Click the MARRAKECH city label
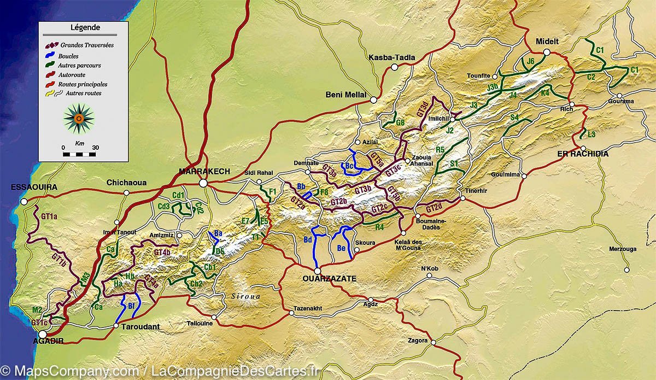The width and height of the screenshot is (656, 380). tap(204, 171)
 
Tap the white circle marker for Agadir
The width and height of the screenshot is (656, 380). tap(42, 334)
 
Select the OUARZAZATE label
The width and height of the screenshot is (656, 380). tap(329, 278)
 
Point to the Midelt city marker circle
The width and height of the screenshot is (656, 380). tap(546, 52)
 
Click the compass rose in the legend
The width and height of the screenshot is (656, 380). tap(79, 118)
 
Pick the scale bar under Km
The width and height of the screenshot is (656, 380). tap(79, 155)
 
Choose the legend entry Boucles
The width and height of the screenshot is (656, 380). tap(68, 56)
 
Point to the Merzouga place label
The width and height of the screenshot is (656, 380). tap(622, 249)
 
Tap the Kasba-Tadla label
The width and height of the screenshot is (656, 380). tap(392, 57)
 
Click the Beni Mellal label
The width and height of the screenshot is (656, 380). tap(345, 95)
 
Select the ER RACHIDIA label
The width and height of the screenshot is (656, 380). tap(582, 154)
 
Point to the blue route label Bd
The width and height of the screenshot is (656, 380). tap(308, 240)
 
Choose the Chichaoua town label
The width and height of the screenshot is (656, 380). tap(127, 183)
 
